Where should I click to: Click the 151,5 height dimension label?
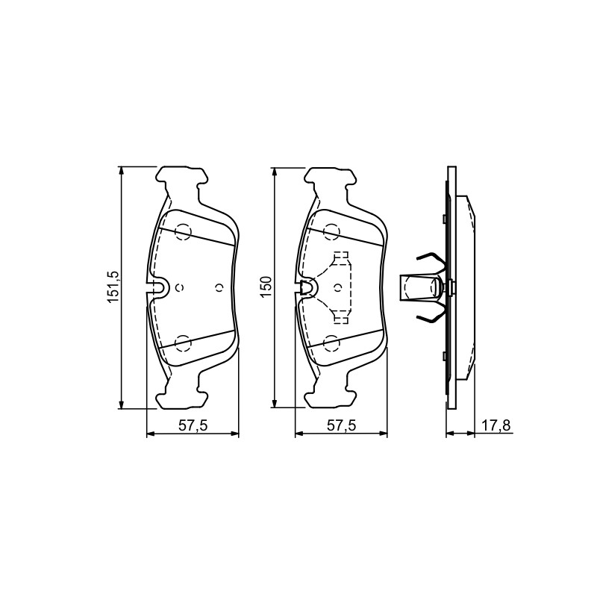[113, 287]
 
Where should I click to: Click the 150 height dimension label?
[266, 287]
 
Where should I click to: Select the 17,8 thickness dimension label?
[496, 425]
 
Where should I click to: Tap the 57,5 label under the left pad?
[193, 425]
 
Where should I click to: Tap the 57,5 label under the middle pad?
[342, 425]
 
